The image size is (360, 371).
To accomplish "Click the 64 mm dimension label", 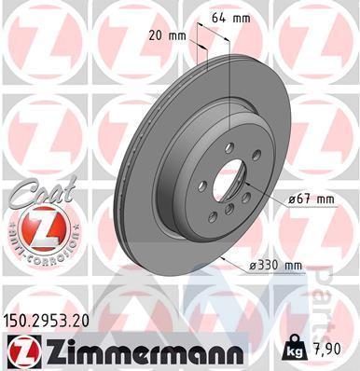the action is pyautogui.click(x=230, y=19).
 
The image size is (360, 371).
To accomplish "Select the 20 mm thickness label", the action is pyautogui.click(x=167, y=36).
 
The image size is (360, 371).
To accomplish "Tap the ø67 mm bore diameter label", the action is pyautogui.click(x=311, y=199).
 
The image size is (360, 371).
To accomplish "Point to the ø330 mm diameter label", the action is pyautogui.click(x=275, y=266).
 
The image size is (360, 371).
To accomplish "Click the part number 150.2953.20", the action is pyautogui.click(x=46, y=321).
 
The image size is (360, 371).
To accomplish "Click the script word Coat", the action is pyautogui.click(x=43, y=192).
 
